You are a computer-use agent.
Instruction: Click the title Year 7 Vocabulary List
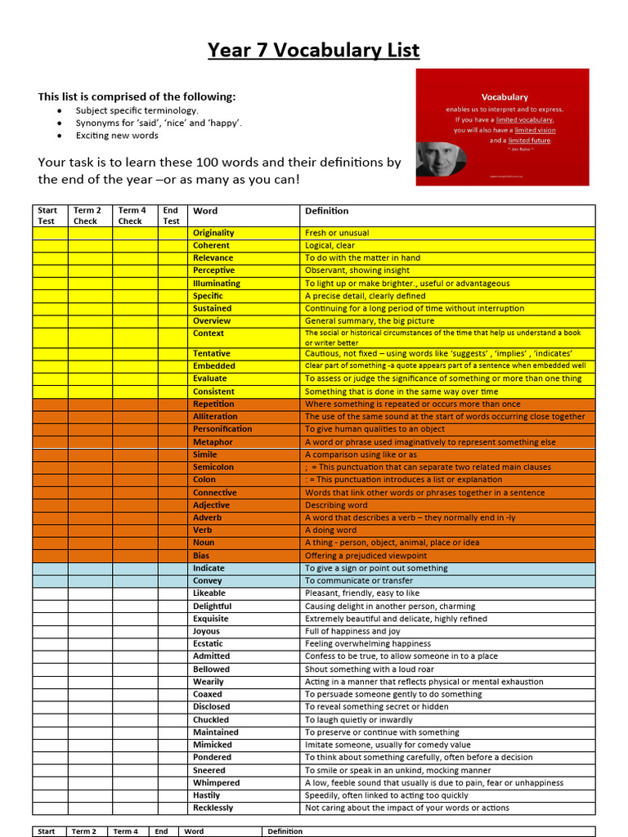(313, 51)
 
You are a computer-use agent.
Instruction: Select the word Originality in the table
(213, 233)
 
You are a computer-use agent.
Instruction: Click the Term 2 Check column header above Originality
(87, 216)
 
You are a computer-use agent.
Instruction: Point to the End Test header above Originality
(171, 216)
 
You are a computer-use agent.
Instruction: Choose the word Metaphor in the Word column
(213, 442)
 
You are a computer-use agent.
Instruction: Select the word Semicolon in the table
(213, 468)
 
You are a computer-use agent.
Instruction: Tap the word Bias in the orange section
(202, 556)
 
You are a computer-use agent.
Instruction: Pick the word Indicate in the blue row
(209, 568)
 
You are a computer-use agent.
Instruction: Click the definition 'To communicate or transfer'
(359, 581)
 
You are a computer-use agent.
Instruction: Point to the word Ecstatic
(208, 644)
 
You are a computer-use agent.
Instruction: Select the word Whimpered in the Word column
(216, 783)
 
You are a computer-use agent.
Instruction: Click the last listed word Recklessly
(213, 808)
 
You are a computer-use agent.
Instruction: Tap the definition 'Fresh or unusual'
(337, 233)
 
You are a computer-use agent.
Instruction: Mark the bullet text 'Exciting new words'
(117, 136)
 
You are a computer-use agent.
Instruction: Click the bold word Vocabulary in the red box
(505, 97)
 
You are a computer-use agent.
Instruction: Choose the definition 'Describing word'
(336, 505)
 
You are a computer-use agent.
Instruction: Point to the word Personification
(222, 429)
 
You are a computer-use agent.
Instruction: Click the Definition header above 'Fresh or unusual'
(326, 211)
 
